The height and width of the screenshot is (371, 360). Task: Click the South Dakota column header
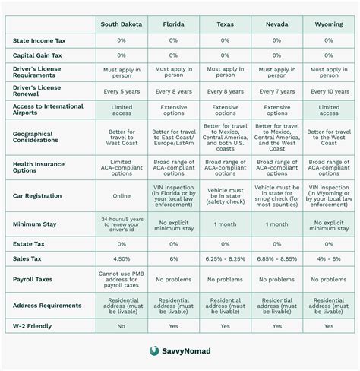click(x=122, y=24)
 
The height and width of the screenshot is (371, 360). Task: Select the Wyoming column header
click(x=328, y=24)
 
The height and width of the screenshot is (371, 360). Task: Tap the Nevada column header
click(x=276, y=24)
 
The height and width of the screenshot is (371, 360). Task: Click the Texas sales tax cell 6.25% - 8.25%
click(x=225, y=260)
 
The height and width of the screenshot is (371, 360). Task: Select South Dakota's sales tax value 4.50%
click(x=122, y=260)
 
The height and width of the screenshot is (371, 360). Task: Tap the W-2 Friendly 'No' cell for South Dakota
click(x=122, y=325)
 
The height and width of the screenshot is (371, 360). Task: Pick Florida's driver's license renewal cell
click(x=173, y=90)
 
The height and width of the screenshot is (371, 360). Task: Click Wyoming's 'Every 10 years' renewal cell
click(x=328, y=90)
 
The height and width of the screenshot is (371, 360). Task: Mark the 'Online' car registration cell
click(x=122, y=195)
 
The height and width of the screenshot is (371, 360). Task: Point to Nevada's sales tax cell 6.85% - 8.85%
click(x=276, y=260)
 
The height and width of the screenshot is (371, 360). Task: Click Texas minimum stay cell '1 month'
click(x=225, y=225)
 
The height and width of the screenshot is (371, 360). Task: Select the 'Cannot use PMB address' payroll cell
click(x=122, y=279)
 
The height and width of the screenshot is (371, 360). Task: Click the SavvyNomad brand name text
click(x=187, y=351)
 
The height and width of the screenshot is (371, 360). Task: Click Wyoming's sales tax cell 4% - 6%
click(x=328, y=260)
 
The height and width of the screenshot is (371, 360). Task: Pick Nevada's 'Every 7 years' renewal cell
click(x=276, y=90)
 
